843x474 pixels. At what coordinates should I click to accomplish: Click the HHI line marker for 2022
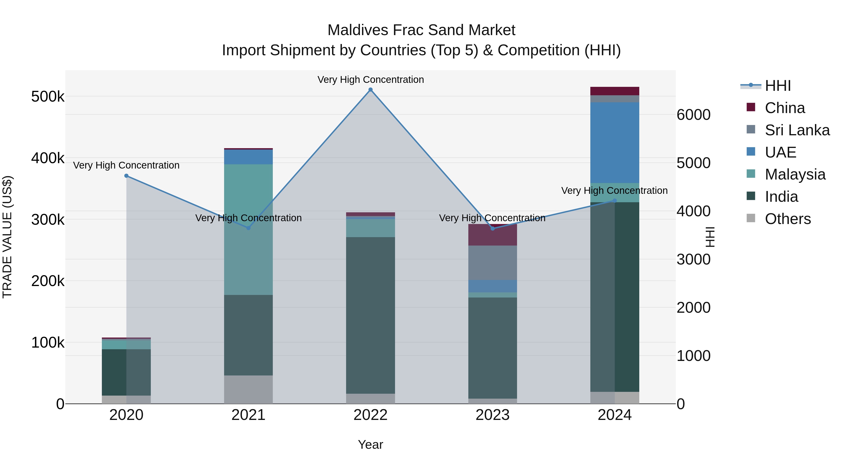(x=370, y=90)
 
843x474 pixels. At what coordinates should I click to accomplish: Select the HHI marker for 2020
(x=126, y=176)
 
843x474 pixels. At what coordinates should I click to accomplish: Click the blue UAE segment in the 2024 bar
(x=615, y=142)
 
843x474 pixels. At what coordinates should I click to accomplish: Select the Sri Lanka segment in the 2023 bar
(x=492, y=263)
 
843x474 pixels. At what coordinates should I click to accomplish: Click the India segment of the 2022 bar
(x=370, y=315)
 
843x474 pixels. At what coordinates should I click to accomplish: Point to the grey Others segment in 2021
(x=248, y=389)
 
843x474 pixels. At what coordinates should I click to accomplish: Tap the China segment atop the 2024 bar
(x=615, y=91)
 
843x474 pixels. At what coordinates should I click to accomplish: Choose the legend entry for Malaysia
(x=795, y=174)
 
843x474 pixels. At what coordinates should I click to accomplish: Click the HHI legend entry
(x=777, y=86)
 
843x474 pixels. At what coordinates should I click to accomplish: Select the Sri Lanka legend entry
(x=797, y=130)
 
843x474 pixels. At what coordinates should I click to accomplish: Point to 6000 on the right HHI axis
(x=693, y=115)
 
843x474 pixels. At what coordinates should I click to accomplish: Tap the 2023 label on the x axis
(x=492, y=415)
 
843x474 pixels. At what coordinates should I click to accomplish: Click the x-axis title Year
(x=370, y=445)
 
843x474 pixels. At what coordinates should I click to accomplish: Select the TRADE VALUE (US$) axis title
(x=7, y=237)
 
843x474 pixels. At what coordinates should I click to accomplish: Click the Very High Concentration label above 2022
(x=370, y=80)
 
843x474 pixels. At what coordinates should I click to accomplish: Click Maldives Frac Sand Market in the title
(x=421, y=30)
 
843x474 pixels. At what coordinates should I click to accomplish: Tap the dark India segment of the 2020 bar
(x=114, y=372)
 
